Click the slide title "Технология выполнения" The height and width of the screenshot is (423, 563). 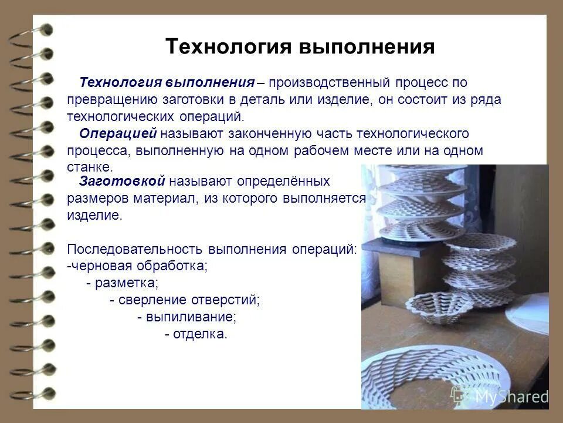pyautogui.click(x=300, y=47)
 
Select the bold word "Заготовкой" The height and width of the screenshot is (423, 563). pyautogui.click(x=123, y=181)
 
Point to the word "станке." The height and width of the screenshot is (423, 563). pyautogui.click(x=89, y=167)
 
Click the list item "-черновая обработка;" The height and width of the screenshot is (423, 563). pyautogui.click(x=137, y=266)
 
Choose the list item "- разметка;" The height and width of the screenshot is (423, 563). pyautogui.click(x=122, y=283)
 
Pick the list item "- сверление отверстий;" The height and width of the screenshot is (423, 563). pyautogui.click(x=185, y=300)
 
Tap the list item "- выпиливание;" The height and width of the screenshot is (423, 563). pyautogui.click(x=186, y=317)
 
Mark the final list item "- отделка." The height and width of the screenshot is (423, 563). pyautogui.click(x=195, y=335)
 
